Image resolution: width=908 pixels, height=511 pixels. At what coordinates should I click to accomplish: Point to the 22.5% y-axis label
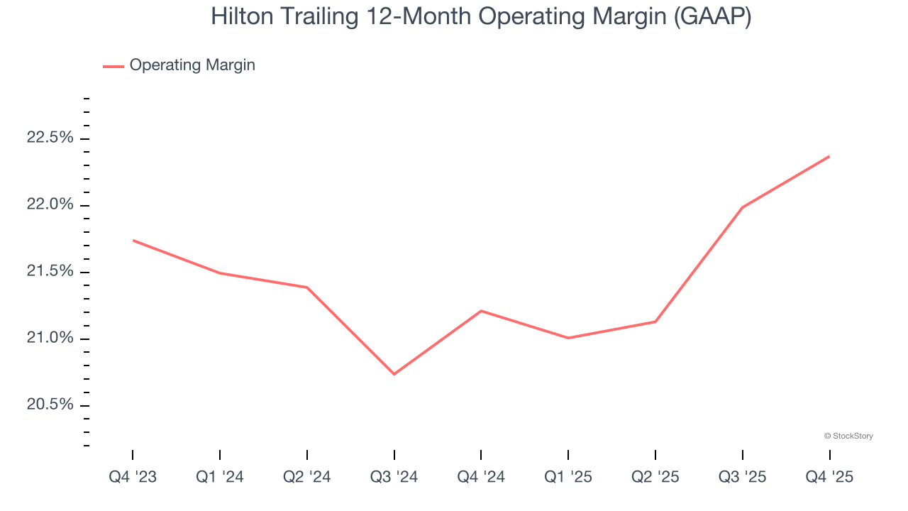pos(50,138)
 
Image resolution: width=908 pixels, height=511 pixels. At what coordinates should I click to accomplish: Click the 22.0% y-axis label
pos(50,204)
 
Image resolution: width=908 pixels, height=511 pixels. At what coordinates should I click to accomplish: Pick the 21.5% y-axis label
pos(50,271)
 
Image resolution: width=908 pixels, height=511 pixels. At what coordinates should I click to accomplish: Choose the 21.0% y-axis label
pos(50,338)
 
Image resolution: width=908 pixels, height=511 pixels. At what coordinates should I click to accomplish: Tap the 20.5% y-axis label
pos(50,405)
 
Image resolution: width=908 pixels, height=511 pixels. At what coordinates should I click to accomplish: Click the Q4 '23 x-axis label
pos(133,477)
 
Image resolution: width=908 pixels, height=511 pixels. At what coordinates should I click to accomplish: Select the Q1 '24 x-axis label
pos(220,477)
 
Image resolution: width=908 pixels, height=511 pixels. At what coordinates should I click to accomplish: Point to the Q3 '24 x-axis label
pos(394,477)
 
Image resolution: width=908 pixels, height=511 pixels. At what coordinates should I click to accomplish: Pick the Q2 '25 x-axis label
pos(655,477)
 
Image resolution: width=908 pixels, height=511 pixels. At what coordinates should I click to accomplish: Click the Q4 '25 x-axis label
pos(829,477)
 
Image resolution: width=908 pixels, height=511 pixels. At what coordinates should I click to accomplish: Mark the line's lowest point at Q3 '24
pos(394,374)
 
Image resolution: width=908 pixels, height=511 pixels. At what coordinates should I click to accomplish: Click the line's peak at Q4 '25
pos(829,156)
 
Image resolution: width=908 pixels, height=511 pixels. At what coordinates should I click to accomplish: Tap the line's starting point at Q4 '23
pos(133,241)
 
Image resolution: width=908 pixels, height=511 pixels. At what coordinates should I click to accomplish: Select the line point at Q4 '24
pos(481,311)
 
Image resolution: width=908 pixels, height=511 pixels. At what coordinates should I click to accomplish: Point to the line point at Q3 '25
pos(742,207)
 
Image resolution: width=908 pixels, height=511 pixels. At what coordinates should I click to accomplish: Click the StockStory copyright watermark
pos(848,436)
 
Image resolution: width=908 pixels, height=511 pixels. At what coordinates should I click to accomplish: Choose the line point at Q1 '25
pos(568,338)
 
